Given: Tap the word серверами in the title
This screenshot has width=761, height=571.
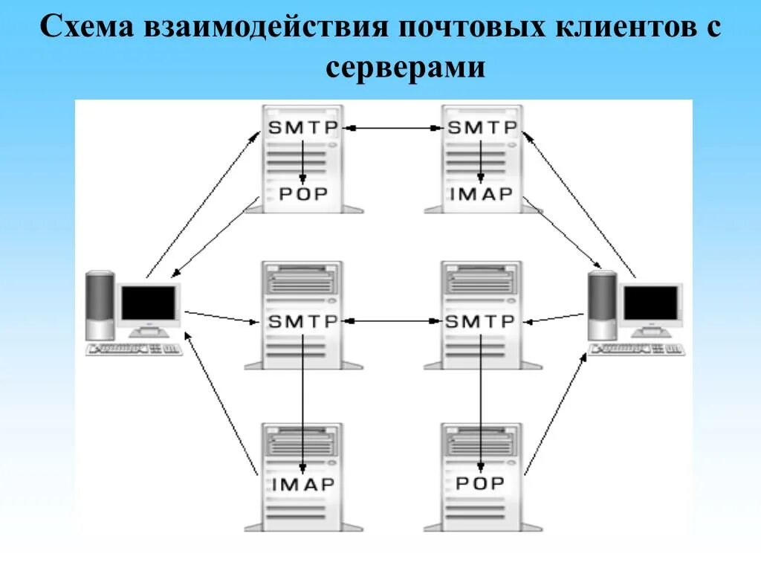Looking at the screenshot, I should pos(405,68).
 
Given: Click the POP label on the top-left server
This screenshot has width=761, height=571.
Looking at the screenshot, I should pos(302,195).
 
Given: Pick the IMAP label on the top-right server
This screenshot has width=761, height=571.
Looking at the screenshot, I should pos(481,195).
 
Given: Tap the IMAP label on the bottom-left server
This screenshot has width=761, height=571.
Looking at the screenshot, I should pos(302,484).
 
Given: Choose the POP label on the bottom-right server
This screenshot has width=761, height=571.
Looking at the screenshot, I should pos(480,484).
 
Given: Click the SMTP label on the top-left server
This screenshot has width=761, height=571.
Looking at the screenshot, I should pos(302,128).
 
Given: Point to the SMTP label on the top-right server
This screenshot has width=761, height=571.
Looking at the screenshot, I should pos(481,128).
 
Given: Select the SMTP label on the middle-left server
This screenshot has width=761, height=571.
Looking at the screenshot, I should pos(302,322).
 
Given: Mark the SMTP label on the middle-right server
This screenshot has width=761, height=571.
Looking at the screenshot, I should pos(480,322).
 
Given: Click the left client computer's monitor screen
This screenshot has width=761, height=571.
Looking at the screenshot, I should pos(149,303).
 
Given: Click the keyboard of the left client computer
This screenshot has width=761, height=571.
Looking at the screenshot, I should pos(135,349).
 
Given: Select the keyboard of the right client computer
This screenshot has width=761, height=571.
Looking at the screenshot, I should pos(636,349).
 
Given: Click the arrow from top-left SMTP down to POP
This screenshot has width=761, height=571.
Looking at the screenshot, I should pos(303,160).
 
